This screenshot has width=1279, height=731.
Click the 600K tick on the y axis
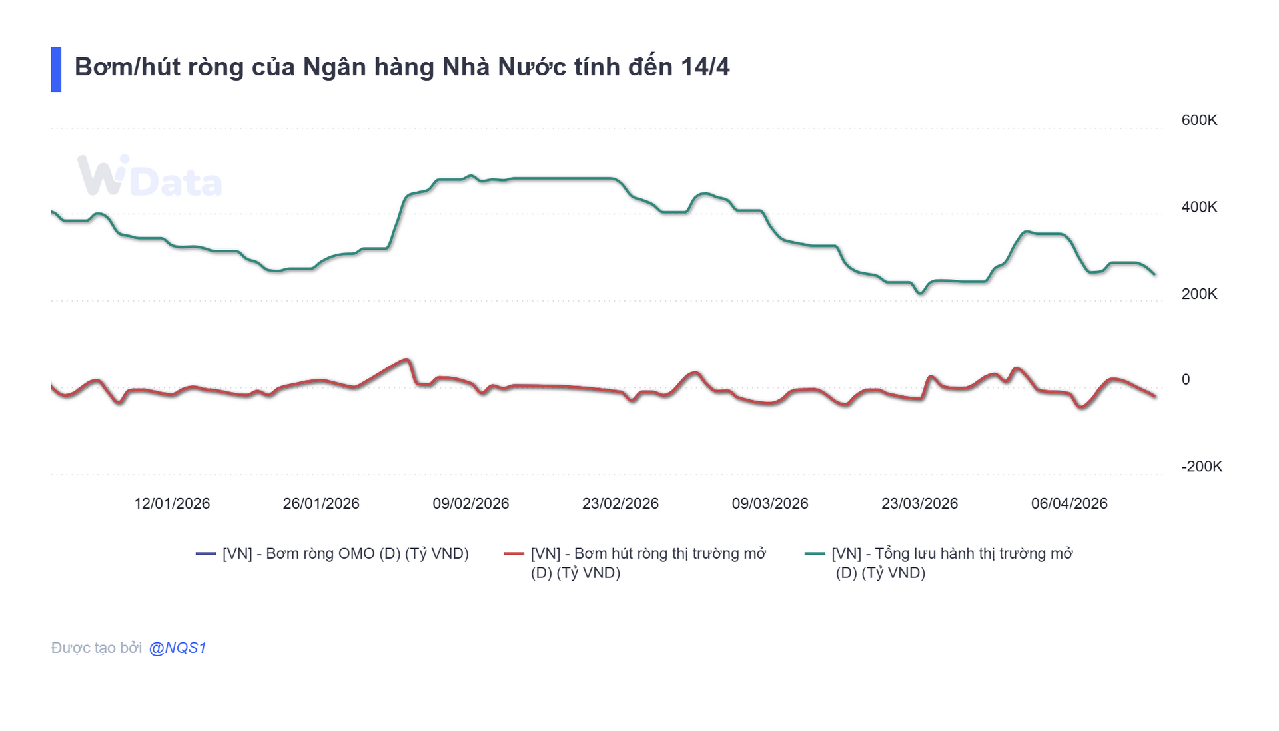coord(1198,121)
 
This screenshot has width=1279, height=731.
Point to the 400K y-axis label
coord(1198,207)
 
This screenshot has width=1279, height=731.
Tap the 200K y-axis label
coord(1198,294)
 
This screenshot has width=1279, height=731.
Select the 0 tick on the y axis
coord(1185,379)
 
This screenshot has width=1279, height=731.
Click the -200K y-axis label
coord(1201,466)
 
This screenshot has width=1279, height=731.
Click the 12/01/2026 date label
coord(172,503)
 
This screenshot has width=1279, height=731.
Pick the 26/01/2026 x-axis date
coord(321,503)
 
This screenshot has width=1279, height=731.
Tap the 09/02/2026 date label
coord(470,503)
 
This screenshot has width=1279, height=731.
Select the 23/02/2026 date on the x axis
coord(620,503)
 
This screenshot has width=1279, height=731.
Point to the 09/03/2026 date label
coord(770,503)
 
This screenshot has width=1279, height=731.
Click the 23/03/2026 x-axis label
coord(919,503)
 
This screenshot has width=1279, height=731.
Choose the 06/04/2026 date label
coord(1069,503)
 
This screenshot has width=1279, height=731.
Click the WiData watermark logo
coord(149,177)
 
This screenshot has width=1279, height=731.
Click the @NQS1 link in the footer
coord(177,648)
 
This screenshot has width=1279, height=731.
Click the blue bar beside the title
coord(56,69)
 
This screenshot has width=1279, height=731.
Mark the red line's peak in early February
coord(407,360)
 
